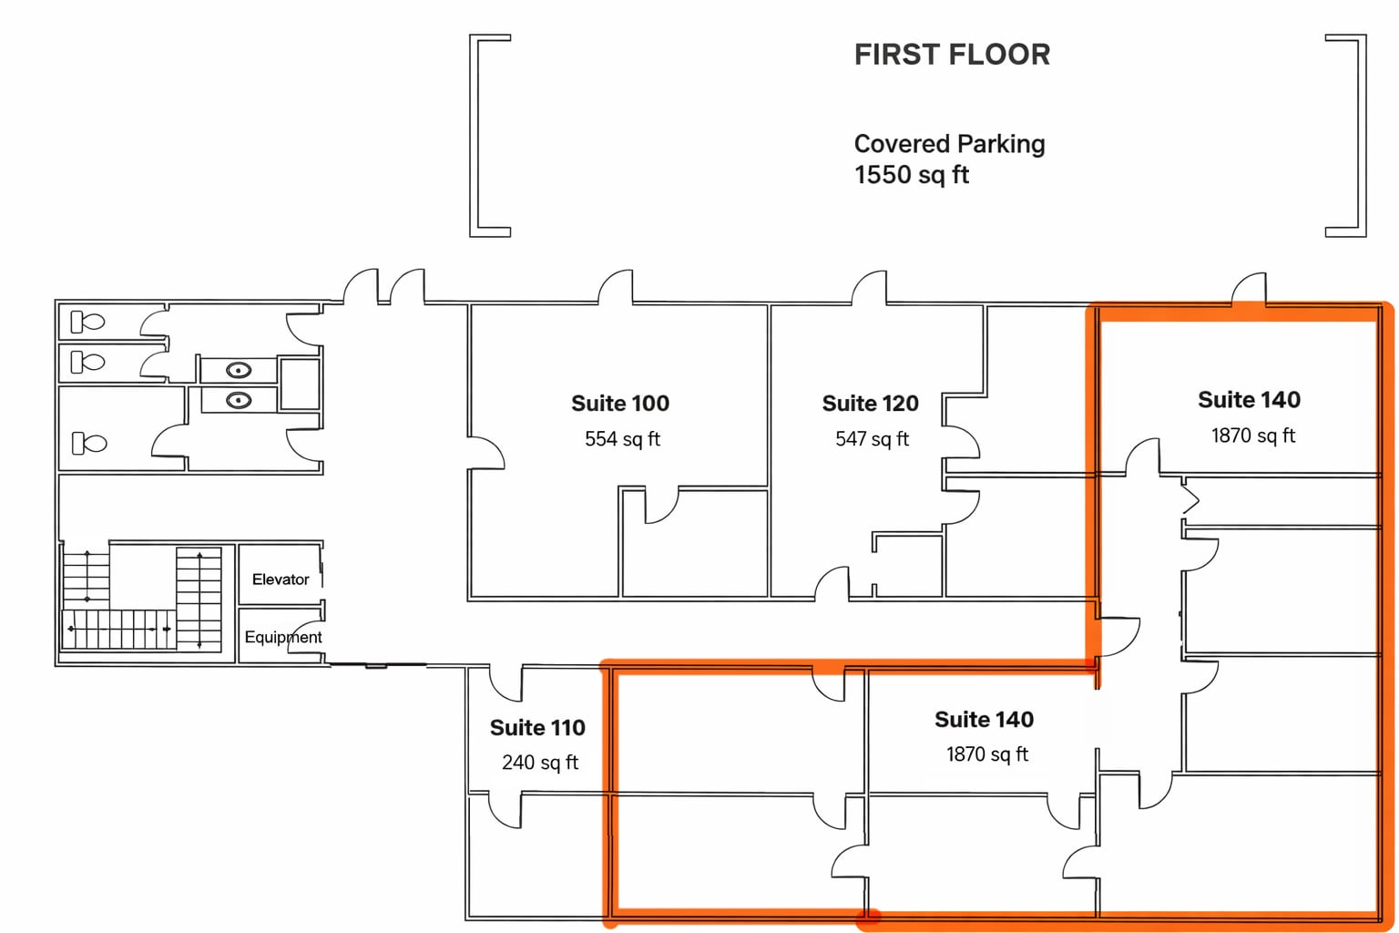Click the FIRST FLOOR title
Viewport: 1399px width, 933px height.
(x=952, y=55)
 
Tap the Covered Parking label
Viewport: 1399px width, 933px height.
(x=949, y=144)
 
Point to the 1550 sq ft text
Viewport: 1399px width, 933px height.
(x=911, y=175)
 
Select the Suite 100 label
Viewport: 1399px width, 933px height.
(x=619, y=403)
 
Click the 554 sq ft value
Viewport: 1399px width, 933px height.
(x=622, y=439)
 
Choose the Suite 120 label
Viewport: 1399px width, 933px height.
(x=870, y=403)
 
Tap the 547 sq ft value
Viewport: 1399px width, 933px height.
(x=872, y=439)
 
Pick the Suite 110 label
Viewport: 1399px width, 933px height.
(x=537, y=727)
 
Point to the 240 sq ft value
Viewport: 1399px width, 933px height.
(x=539, y=763)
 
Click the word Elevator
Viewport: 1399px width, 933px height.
(x=281, y=579)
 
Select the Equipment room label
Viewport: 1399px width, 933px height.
(x=282, y=637)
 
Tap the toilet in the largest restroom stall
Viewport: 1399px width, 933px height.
(x=88, y=444)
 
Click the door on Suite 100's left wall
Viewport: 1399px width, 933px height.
(x=486, y=453)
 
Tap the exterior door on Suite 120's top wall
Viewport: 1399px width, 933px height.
(x=870, y=288)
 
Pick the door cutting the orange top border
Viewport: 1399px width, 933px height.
(x=1249, y=289)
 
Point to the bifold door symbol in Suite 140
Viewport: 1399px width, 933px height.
(x=1190, y=499)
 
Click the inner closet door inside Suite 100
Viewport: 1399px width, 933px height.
(x=661, y=506)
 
